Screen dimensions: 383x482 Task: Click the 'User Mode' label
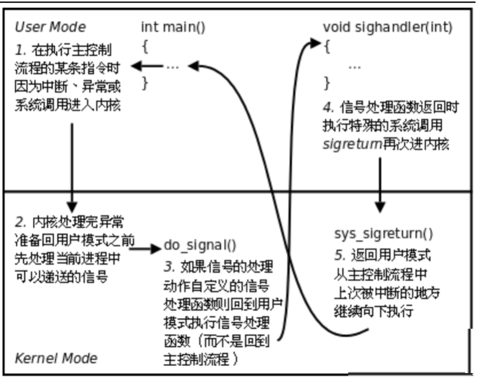coord(50,27)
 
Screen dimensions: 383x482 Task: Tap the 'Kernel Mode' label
coord(56,358)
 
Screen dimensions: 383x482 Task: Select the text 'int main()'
coord(173,27)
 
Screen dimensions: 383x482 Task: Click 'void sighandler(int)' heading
coord(387,27)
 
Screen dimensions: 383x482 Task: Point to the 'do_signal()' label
coord(200,245)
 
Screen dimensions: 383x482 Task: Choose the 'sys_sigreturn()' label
coord(383,234)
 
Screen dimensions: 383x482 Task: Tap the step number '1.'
coord(20,50)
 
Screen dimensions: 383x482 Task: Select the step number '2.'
coord(21,221)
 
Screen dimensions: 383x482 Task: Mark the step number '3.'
coord(169,267)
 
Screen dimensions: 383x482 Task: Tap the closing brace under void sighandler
coord(327,83)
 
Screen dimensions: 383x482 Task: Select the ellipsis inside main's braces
coord(172,66)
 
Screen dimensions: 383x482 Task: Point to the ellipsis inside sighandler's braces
coord(354,66)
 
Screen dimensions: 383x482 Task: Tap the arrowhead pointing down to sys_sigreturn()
coord(380,207)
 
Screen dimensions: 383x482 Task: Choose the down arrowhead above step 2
coord(72,205)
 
